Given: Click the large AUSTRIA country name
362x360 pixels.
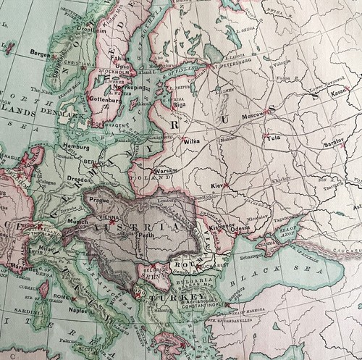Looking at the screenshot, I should tap(145, 228).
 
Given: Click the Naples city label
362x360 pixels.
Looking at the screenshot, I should tap(78, 311).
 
